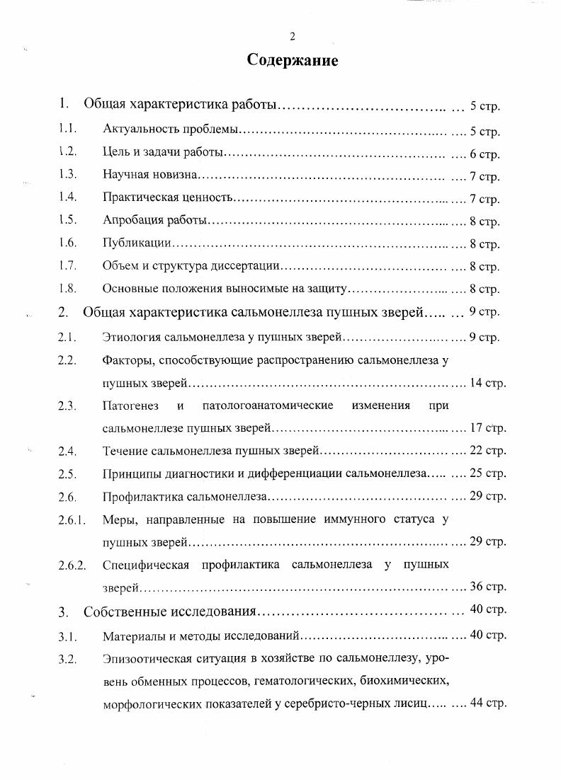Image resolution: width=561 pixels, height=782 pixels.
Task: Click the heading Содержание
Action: point(293,61)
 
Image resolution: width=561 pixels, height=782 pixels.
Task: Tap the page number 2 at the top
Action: point(292,36)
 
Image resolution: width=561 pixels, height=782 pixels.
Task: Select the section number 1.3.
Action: point(67,175)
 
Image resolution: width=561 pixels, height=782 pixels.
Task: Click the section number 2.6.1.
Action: point(72,519)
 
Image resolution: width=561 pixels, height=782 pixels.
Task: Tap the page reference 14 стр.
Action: point(487,383)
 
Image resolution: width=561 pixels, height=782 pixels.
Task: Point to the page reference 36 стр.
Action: point(487,587)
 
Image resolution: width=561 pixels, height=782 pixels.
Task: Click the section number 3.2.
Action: point(67,660)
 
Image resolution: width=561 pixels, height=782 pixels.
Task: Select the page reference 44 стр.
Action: point(487,704)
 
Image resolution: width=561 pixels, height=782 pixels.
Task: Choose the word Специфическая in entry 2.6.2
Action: point(145,565)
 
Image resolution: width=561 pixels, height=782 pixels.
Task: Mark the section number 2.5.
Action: point(67,473)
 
